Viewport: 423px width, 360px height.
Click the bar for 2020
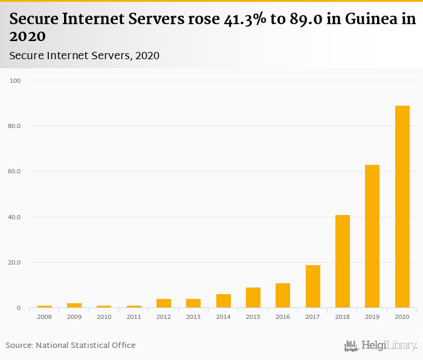(x=402, y=207)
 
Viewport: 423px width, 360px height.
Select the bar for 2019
(x=372, y=236)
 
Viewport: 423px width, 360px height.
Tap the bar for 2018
(x=343, y=262)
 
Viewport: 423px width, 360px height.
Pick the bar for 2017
(x=313, y=286)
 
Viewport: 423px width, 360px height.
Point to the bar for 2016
(x=283, y=295)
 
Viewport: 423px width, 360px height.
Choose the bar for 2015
(x=253, y=298)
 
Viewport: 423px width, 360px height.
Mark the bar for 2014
(x=224, y=301)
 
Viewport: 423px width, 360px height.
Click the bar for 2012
(x=164, y=303)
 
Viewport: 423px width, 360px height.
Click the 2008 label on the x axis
(x=44, y=317)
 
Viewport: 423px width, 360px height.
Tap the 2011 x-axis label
(x=134, y=317)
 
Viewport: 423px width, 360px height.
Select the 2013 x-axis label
(x=193, y=317)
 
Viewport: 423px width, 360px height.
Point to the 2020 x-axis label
(x=402, y=317)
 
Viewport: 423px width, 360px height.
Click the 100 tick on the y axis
(x=15, y=80)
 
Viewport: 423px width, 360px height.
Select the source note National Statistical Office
(x=85, y=346)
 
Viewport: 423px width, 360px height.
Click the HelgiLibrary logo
(x=380, y=346)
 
